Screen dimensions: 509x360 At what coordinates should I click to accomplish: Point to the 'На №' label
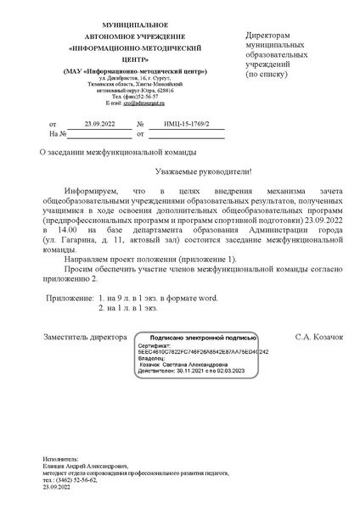58,134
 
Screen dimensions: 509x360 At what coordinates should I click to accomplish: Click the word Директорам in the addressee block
273,35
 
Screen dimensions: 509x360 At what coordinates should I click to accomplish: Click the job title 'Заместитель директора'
82,338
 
